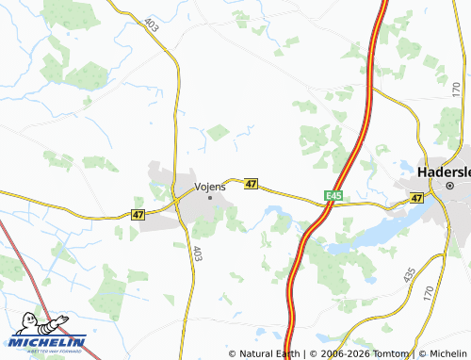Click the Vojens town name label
(x=210, y=187)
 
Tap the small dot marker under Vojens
(x=209, y=197)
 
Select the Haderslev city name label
(x=444, y=173)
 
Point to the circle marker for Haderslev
(x=450, y=187)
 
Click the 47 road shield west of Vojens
(x=138, y=215)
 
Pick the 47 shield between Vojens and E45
(x=251, y=184)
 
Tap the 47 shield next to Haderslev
(x=416, y=198)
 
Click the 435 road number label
(x=409, y=275)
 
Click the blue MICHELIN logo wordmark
(x=49, y=342)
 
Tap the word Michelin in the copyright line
(x=442, y=353)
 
